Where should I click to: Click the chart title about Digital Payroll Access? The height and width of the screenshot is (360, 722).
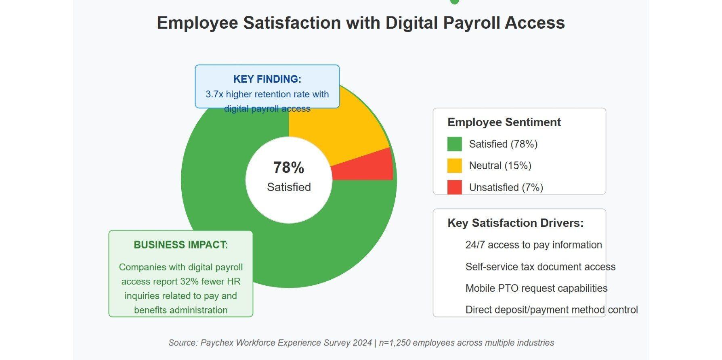point(361,23)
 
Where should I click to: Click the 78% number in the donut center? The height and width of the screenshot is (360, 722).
point(288,167)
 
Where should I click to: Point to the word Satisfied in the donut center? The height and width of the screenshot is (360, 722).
point(289,187)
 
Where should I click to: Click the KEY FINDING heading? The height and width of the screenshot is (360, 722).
point(267,79)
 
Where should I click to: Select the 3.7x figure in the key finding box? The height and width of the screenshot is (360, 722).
point(214,94)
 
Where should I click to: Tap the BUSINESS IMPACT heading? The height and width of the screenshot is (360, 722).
point(180,245)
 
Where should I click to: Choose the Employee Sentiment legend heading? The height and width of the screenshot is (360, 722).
point(504,122)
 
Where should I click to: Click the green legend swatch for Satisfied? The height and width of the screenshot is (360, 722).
point(454,144)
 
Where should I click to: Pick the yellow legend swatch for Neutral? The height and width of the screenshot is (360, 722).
point(454,166)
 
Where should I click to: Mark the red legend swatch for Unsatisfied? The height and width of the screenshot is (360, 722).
point(454,187)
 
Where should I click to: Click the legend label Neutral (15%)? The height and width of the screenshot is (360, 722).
point(500,166)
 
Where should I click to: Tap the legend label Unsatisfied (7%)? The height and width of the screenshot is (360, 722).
point(506,187)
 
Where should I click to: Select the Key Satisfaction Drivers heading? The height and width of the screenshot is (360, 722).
point(515,223)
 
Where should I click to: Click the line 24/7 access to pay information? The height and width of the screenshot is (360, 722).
point(533,245)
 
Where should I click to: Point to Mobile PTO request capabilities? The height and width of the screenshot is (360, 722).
point(536,288)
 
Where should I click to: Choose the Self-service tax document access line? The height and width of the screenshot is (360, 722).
point(540,267)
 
